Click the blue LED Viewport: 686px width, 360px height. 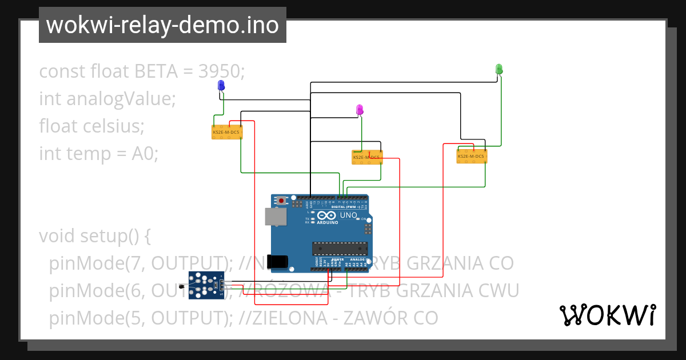pyautogui.click(x=221, y=86)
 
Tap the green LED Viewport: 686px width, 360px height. pyautogui.click(x=498, y=69)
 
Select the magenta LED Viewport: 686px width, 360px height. pyautogui.click(x=360, y=109)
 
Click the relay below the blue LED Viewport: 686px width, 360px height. pyautogui.click(x=227, y=132)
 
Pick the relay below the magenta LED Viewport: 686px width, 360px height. pyautogui.click(x=367, y=157)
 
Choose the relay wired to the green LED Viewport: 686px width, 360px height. pyautogui.click(x=472, y=155)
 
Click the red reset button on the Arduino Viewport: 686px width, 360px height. pyautogui.click(x=281, y=201)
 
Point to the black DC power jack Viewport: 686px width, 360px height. pyautogui.click(x=278, y=261)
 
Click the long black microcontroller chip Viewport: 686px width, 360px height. pyautogui.click(x=340, y=247)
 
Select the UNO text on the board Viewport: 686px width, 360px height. pyautogui.click(x=348, y=215)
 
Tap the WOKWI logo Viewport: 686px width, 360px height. pyautogui.click(x=607, y=315)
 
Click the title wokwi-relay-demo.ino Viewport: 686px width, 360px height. pyautogui.click(x=162, y=25)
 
